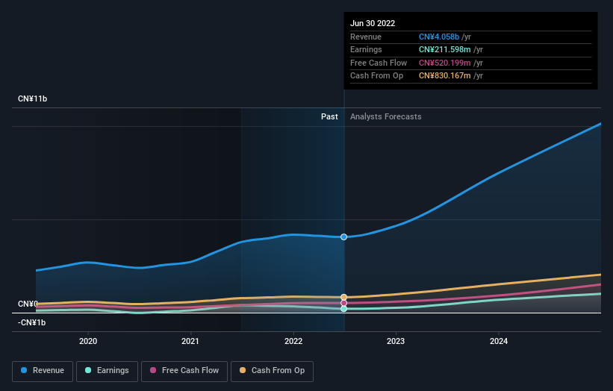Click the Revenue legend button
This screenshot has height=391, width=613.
point(43,371)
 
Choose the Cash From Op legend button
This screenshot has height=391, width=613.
point(272,371)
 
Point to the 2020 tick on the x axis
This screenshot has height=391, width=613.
point(88,342)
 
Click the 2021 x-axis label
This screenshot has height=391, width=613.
point(190,342)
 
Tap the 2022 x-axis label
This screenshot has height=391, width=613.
point(293,342)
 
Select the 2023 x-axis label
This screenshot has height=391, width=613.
point(396,342)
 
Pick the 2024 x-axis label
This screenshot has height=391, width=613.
point(499,342)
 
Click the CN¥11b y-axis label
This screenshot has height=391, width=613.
point(32,99)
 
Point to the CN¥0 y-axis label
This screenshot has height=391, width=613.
point(28,304)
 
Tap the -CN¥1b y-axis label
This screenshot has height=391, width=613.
point(32,322)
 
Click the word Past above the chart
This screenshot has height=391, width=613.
point(329,116)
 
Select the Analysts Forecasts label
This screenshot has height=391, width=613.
point(385,116)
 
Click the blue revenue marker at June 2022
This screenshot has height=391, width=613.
point(344,237)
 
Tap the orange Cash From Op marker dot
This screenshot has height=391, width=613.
point(344,297)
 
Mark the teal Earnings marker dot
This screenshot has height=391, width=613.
point(344,308)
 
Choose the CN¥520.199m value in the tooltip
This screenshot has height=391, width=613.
point(445,63)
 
